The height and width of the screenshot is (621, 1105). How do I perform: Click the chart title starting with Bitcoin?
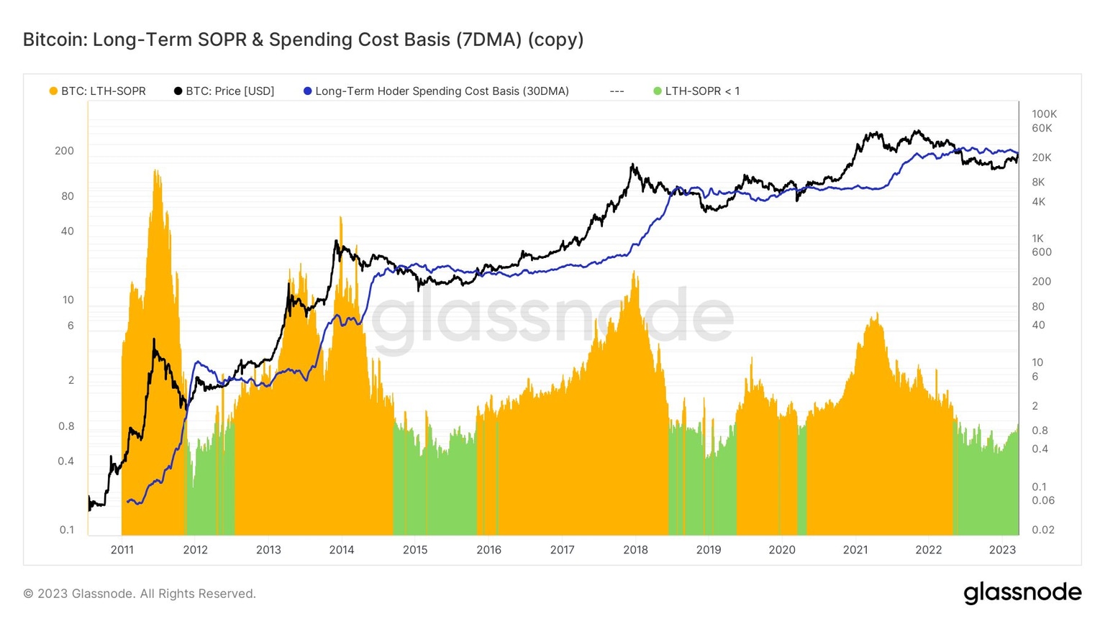coord(303,40)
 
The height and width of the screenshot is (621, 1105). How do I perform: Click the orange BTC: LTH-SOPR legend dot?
coord(53,91)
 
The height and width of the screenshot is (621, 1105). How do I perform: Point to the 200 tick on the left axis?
coord(64,151)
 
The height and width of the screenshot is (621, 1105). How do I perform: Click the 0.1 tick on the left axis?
coord(66,530)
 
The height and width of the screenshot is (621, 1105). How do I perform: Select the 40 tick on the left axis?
coord(67,231)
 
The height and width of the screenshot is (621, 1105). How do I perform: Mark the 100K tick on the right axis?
coord(1044,114)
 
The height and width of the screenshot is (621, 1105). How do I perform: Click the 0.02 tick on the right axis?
coord(1042,530)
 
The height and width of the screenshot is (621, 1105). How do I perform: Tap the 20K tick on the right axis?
coord(1041,157)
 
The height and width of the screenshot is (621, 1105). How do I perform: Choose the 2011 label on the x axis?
coord(122,550)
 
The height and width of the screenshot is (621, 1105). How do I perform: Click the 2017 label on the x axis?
coord(562,550)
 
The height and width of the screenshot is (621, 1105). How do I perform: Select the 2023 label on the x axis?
coord(1002,550)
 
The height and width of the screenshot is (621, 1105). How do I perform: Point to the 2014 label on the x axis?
coord(342,550)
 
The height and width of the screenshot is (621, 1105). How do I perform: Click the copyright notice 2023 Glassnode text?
coord(140,594)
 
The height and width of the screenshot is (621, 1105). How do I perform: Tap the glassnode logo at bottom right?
coord(1022,593)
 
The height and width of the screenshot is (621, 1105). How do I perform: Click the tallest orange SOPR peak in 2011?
coord(155,172)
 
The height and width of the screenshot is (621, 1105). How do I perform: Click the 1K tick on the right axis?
coord(1037,239)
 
